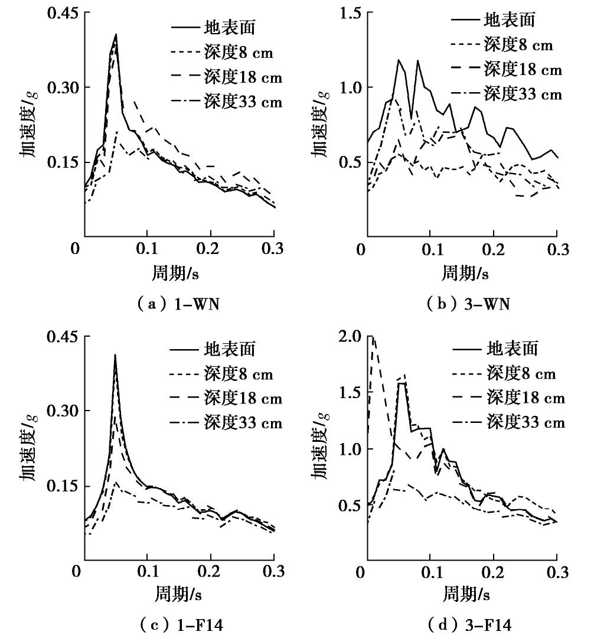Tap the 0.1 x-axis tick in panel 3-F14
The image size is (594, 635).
(x=430, y=572)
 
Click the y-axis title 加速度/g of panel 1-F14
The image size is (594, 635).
(x=30, y=449)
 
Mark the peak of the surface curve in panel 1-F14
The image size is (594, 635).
(x=115, y=356)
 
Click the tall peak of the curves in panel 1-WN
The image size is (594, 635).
(x=116, y=35)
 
